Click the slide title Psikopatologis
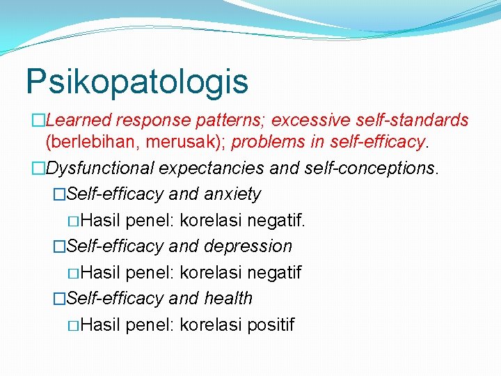tap(136, 81)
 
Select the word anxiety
tap(232, 194)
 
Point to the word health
tap(228, 299)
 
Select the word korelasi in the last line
tap(207, 325)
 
